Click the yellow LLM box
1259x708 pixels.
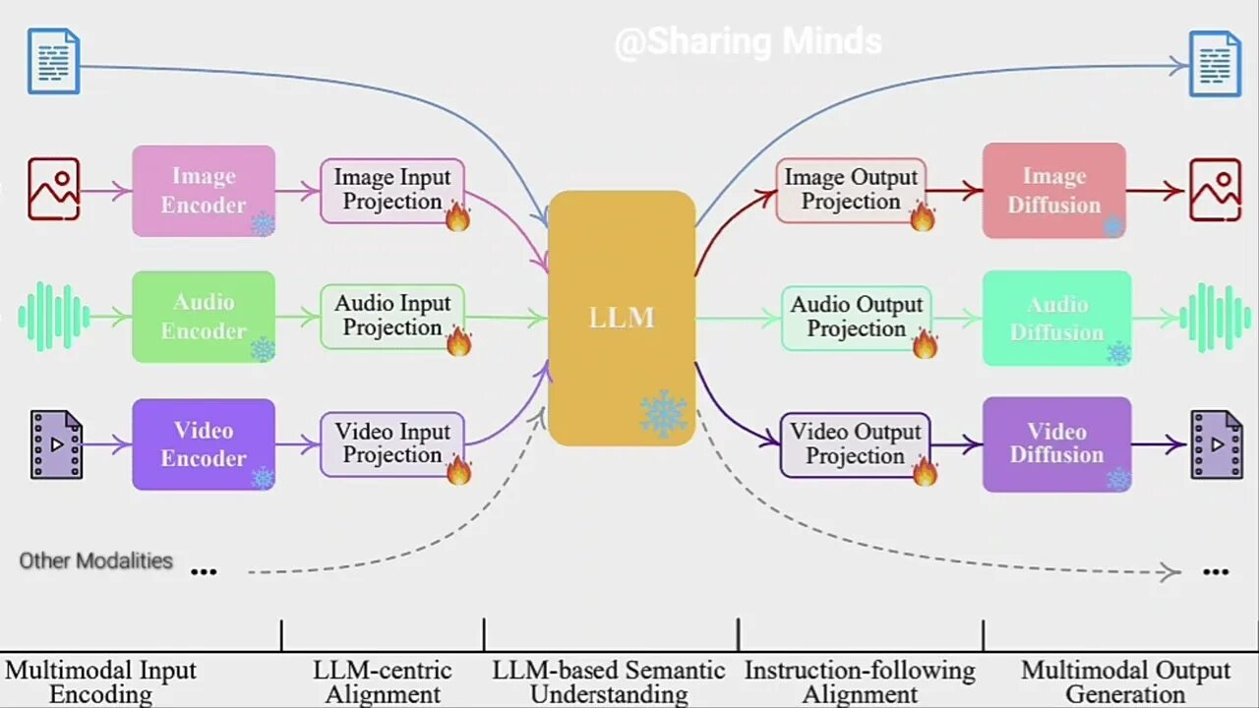(x=621, y=318)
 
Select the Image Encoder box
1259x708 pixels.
(x=204, y=191)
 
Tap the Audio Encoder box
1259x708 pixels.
(x=204, y=317)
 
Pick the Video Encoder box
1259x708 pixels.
(x=204, y=444)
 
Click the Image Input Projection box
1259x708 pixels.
(x=391, y=190)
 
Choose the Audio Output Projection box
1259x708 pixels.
(x=856, y=318)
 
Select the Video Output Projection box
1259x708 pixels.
(x=855, y=444)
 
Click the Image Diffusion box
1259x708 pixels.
(x=1053, y=191)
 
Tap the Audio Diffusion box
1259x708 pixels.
(x=1056, y=318)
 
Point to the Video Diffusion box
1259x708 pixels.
(x=1056, y=443)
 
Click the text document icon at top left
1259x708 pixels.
(x=53, y=61)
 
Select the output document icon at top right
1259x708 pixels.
(x=1215, y=64)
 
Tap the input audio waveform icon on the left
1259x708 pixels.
(x=54, y=317)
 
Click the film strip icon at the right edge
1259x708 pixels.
(x=1217, y=444)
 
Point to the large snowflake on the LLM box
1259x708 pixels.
(x=664, y=414)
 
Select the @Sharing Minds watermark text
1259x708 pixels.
(x=748, y=42)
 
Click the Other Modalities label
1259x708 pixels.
(x=96, y=561)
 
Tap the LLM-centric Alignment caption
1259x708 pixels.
(x=383, y=682)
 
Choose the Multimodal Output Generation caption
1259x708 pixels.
(x=1125, y=682)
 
